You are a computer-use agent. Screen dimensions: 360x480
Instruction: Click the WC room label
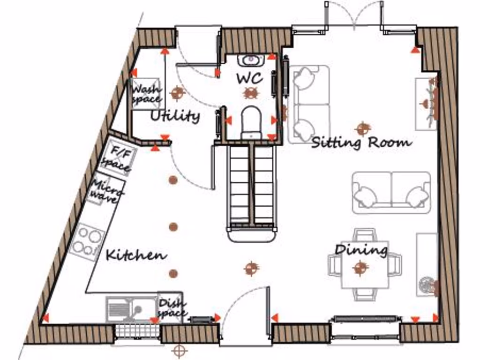click(249, 78)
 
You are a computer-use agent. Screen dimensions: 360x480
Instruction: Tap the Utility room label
click(175, 115)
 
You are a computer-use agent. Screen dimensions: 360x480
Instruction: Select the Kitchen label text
click(136, 255)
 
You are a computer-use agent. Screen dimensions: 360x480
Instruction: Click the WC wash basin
click(252, 60)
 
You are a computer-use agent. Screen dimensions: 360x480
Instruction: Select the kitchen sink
click(126, 309)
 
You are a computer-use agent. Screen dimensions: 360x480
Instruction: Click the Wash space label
click(146, 93)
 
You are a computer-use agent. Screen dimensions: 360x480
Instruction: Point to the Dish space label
click(171, 308)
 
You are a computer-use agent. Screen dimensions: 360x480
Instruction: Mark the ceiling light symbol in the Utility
click(177, 93)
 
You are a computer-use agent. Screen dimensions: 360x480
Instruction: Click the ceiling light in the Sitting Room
click(362, 127)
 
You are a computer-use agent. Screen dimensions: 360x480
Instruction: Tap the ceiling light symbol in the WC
click(251, 93)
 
